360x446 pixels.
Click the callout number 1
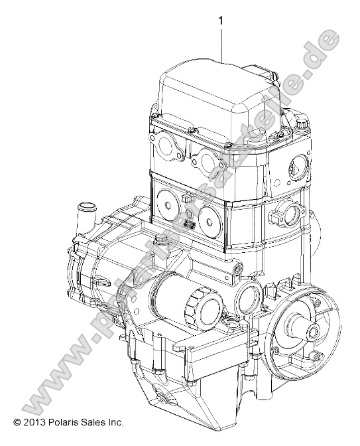[x=220, y=22]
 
